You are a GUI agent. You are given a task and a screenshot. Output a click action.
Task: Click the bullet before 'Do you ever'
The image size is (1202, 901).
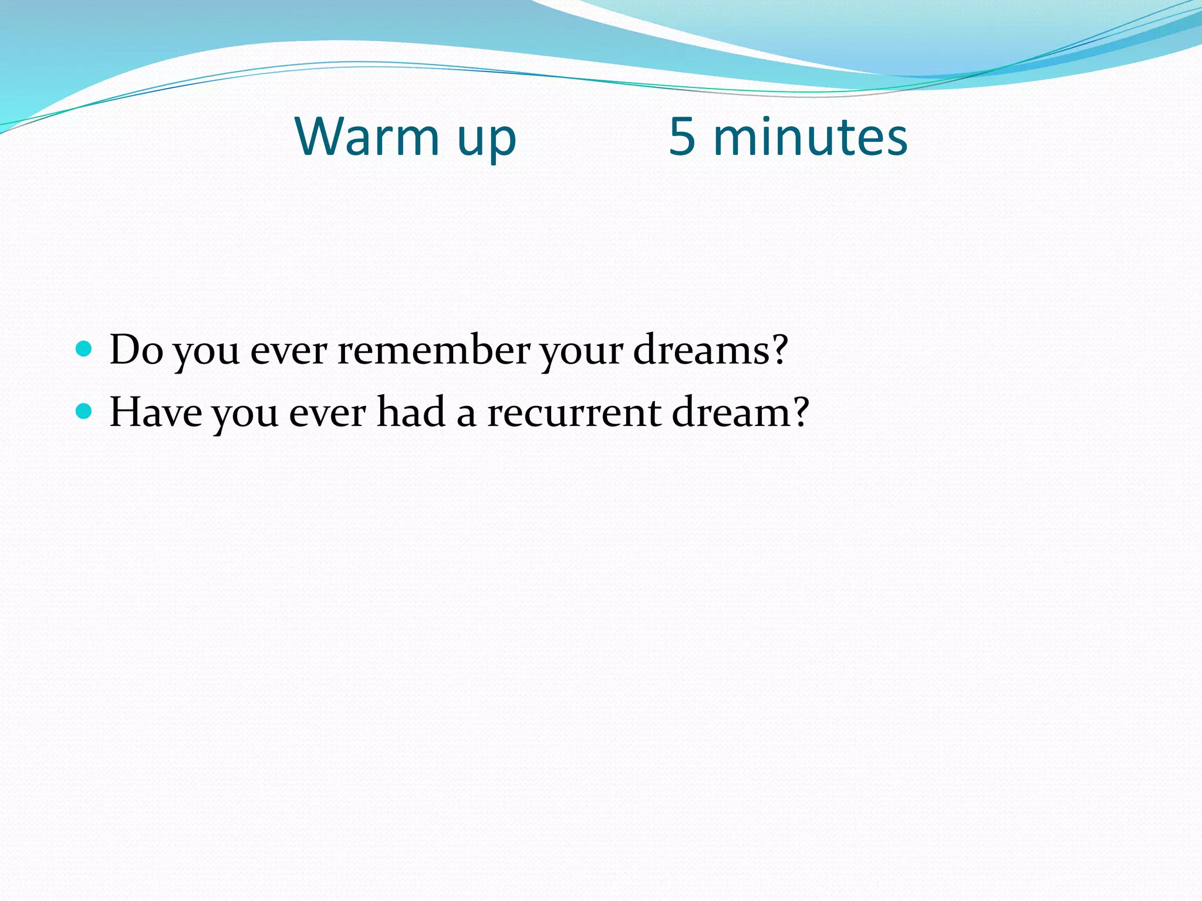(x=85, y=349)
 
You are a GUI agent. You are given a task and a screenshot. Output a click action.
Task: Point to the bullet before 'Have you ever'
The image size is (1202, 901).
(x=85, y=411)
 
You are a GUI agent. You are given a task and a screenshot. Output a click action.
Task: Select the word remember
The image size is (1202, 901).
(x=433, y=350)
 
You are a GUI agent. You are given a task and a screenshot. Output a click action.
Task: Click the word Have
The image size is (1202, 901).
(x=156, y=412)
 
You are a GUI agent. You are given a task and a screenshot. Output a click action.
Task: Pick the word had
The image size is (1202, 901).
(x=410, y=412)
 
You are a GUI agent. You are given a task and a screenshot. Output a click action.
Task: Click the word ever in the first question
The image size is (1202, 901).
(x=288, y=351)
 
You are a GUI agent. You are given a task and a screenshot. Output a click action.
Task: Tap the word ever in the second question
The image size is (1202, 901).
(x=327, y=414)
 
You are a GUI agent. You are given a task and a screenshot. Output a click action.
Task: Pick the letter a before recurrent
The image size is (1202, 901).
(x=466, y=415)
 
